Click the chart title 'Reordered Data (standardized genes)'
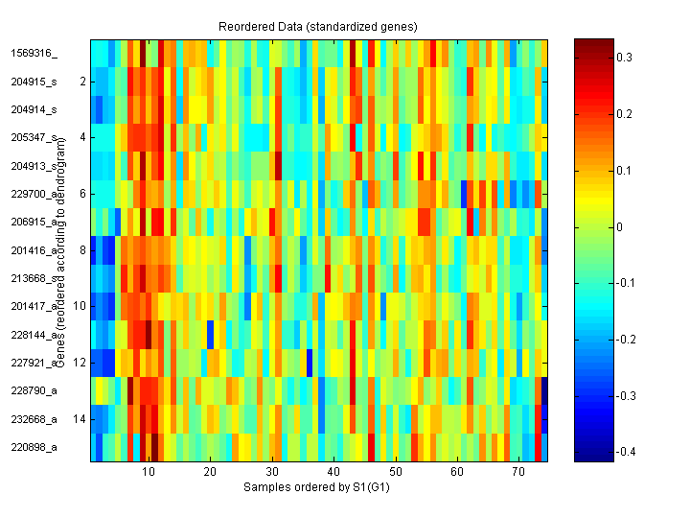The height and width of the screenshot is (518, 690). tap(319, 24)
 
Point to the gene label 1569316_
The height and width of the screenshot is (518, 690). tap(34, 54)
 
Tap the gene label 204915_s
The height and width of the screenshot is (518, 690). tap(34, 82)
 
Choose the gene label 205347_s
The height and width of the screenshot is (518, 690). tap(34, 138)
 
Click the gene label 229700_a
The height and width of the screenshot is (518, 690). tap(34, 194)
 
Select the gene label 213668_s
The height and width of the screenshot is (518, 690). tap(34, 278)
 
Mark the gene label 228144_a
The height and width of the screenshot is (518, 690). tap(34, 335)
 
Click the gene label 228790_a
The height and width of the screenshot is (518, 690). tap(34, 390)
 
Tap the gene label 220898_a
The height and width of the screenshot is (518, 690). tap(34, 447)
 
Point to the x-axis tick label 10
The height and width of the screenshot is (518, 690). tap(148, 473)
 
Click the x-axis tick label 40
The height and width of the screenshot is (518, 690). tap(333, 473)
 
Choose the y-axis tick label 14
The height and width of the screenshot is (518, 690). tap(80, 419)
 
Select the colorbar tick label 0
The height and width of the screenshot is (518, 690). tap(620, 227)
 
